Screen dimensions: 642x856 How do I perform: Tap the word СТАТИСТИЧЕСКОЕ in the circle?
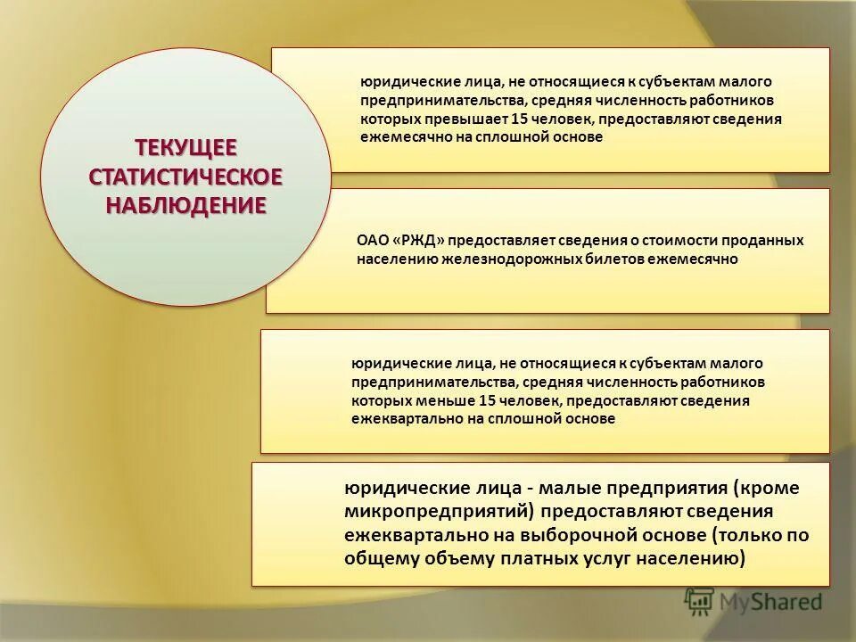185,176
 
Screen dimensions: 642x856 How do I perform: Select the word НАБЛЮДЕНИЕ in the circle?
185,205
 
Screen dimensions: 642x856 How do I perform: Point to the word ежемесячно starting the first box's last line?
396,137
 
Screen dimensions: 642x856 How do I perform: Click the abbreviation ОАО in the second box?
371,241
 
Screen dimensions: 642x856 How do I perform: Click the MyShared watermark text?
770,602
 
